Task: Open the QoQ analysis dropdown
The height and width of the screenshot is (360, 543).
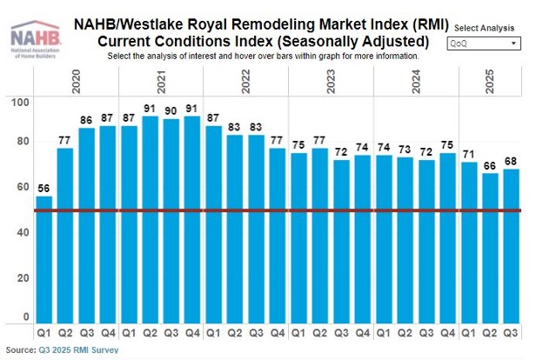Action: coord(483,43)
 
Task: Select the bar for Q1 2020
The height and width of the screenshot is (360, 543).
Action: coord(44,261)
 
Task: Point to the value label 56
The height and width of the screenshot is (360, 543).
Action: coord(44,187)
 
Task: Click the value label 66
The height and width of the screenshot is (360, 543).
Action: coord(491,164)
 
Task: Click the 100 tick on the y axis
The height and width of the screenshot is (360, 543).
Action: coord(22,103)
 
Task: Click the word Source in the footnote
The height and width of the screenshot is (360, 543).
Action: coord(20,350)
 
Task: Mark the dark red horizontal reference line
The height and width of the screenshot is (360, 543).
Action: coord(278,210)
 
